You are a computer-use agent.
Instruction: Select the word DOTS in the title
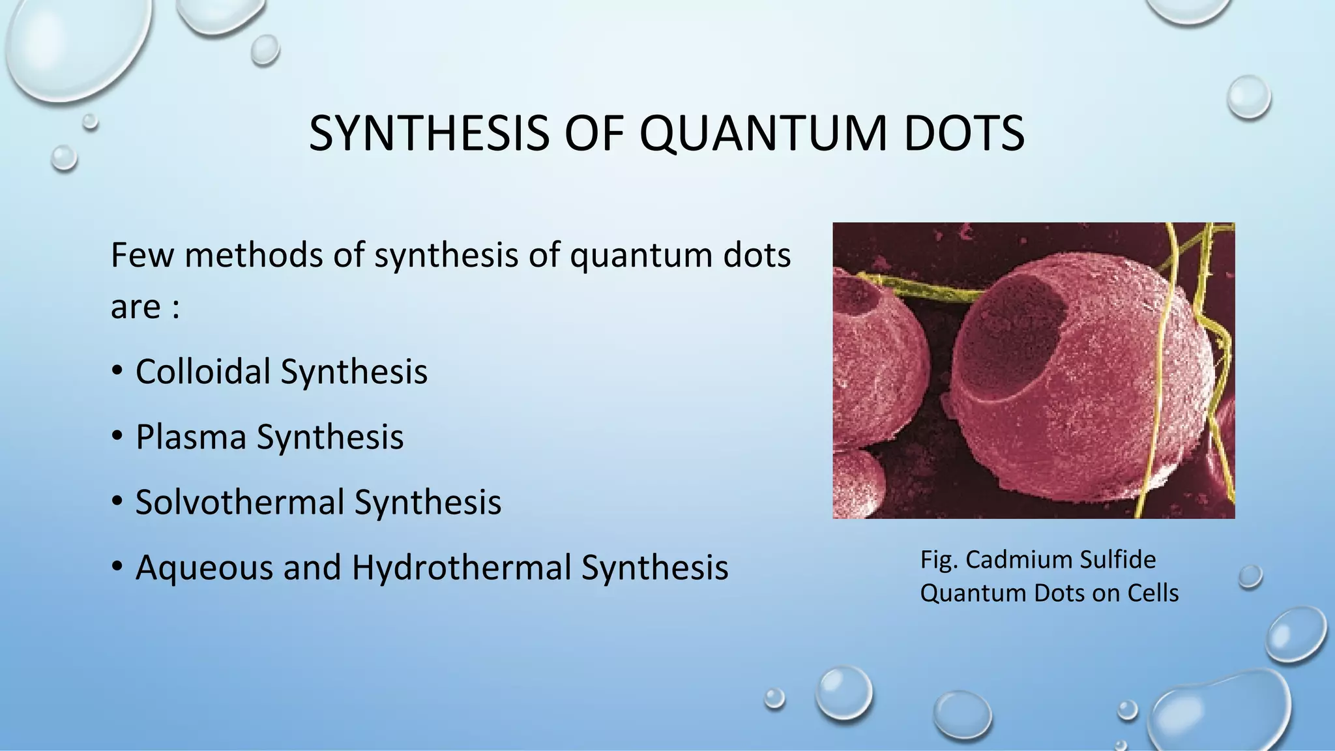964,134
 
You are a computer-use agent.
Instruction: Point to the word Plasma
190,437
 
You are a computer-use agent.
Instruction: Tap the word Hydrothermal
462,567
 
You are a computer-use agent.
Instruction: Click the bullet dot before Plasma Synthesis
117,436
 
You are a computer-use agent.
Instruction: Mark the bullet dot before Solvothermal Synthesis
117,501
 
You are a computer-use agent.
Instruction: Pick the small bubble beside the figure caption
1250,576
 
